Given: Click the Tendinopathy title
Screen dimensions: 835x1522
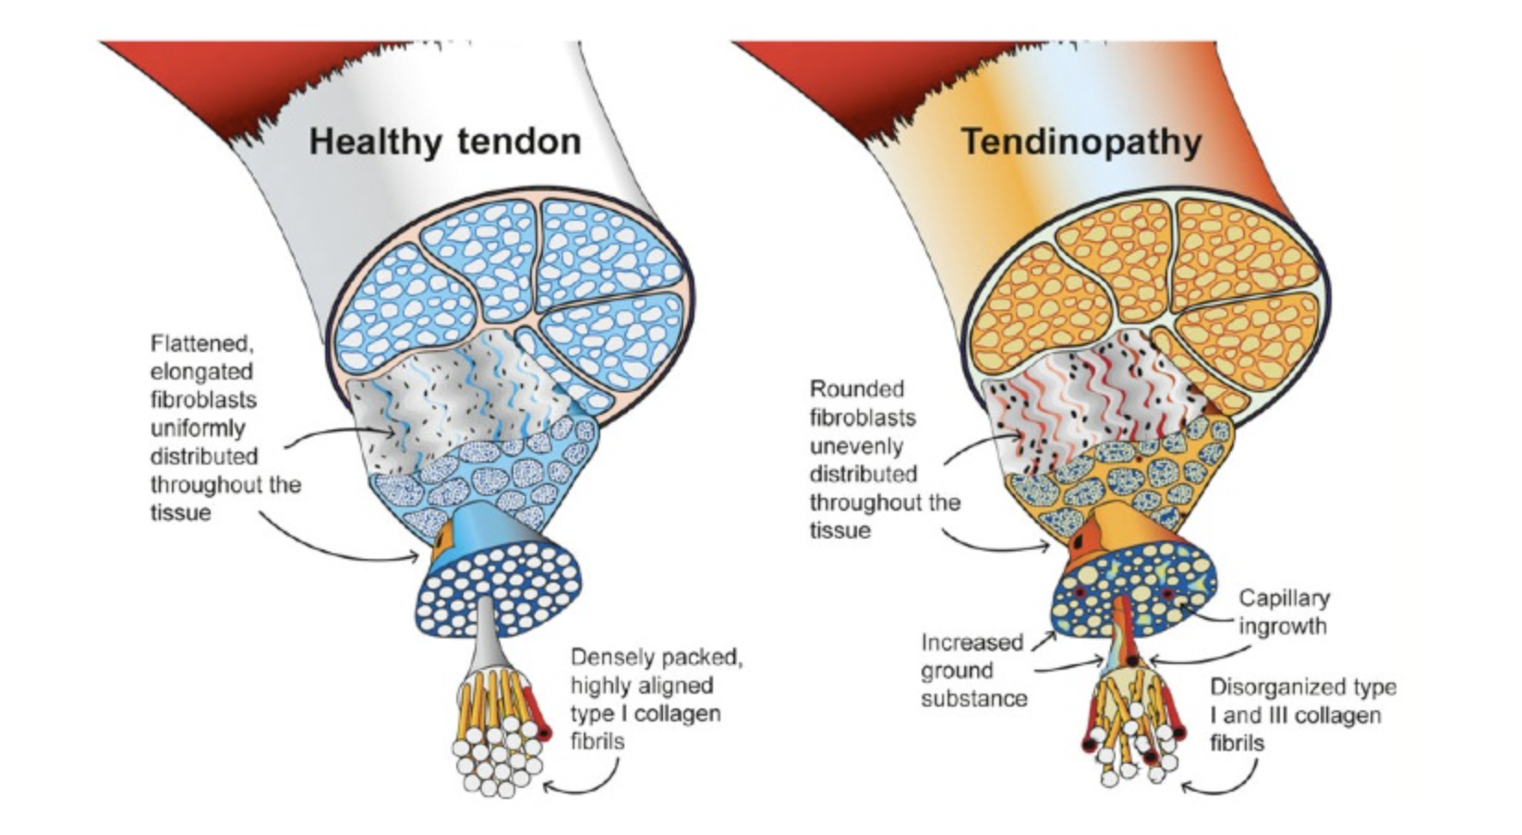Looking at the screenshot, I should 1081,142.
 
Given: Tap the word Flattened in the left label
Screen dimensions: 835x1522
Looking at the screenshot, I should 201,344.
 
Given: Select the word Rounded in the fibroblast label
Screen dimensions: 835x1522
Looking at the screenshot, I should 856,389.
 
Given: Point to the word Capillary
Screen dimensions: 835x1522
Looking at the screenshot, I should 1284,599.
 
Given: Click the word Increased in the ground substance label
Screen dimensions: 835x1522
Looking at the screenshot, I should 972,643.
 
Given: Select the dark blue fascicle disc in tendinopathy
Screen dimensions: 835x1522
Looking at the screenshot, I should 1132,590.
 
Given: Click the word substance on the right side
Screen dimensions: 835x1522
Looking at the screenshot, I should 973,699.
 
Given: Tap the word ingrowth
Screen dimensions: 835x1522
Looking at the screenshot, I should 1282,626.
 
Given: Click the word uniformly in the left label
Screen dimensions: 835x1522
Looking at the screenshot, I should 198,429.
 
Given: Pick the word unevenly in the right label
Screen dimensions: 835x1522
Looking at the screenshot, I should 856,446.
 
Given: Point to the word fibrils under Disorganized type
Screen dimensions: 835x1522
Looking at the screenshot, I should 1238,743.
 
